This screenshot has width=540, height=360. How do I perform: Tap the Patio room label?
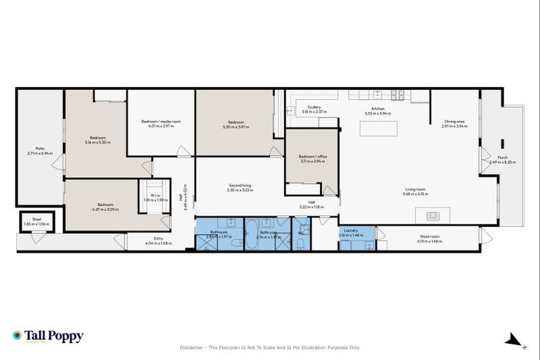coord(40,148)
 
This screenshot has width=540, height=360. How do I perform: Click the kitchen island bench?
coord(378,129)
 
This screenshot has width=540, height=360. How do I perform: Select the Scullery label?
coord(314,107)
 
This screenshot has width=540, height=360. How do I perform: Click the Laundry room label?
coord(352,230)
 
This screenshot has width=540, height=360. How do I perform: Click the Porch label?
coord(502,157)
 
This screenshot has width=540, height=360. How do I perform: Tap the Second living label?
coord(239,186)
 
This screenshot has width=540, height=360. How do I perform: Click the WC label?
coord(300,232)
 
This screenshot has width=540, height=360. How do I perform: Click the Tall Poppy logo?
coord(48,336)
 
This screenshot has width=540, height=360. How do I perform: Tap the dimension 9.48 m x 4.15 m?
coord(416,193)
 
